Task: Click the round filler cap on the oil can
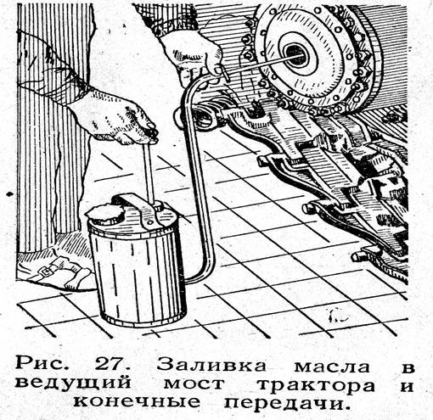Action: pos(104,214)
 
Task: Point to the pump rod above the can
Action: pos(149,172)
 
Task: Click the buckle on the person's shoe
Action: pos(45,271)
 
